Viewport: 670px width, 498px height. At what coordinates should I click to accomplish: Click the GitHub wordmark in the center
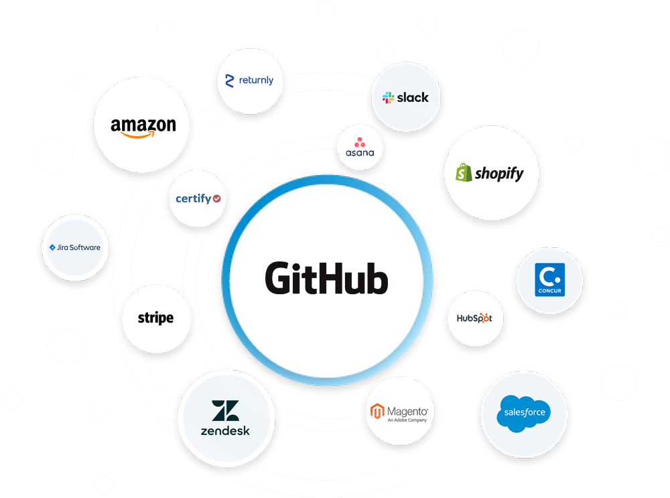click(326, 278)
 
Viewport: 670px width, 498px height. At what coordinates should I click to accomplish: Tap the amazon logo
click(143, 128)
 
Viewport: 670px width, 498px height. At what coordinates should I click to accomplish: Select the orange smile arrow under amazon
click(137, 135)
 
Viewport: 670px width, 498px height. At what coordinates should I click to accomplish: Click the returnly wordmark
click(256, 80)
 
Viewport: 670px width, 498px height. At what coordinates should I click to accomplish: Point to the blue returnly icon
click(229, 81)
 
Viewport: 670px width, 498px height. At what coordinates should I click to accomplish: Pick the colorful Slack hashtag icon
click(388, 98)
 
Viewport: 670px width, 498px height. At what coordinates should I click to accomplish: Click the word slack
click(412, 97)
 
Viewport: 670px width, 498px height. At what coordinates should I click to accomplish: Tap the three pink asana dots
click(360, 142)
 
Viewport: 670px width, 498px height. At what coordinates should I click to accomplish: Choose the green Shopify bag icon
click(464, 172)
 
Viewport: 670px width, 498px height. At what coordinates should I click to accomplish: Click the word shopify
click(499, 173)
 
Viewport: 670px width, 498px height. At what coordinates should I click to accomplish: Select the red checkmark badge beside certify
click(216, 198)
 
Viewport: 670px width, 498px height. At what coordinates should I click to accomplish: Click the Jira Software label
click(78, 247)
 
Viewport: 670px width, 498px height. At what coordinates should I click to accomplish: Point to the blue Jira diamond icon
click(52, 247)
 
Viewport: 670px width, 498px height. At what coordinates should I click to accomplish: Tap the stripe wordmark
click(155, 318)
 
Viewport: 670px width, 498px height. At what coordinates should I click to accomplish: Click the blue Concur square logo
click(550, 279)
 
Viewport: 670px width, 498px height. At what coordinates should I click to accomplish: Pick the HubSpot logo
click(474, 318)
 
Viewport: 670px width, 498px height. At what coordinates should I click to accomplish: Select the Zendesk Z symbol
click(225, 410)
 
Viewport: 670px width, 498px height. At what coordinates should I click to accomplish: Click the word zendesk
click(225, 431)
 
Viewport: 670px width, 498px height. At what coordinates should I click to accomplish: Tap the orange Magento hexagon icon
click(377, 412)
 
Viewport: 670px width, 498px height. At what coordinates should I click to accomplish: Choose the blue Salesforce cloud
click(525, 414)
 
